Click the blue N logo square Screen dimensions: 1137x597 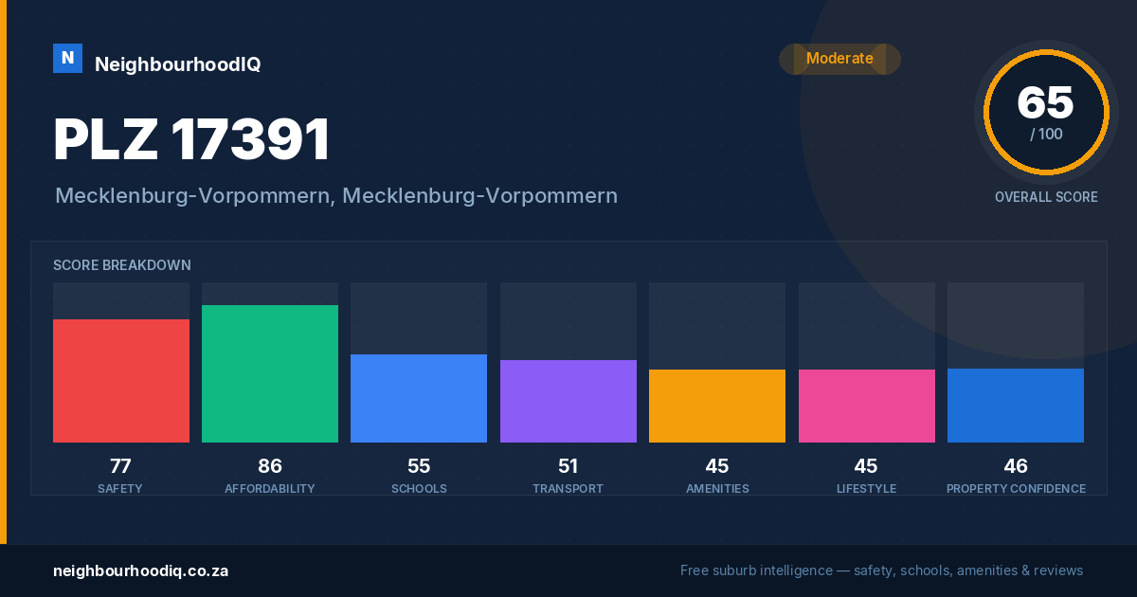tap(67, 59)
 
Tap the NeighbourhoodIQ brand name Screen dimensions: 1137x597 tap(178, 64)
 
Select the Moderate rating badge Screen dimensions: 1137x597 tap(839, 59)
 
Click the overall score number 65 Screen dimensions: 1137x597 tap(1045, 102)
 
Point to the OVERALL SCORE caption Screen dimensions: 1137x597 tap(1046, 197)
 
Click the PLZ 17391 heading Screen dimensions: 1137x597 tap(191, 139)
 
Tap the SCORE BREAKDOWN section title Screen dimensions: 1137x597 tap(122, 265)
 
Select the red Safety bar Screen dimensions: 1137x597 tap(121, 381)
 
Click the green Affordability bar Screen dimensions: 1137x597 tap(270, 373)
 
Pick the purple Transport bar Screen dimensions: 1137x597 tap(568, 401)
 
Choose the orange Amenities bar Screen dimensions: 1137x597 tap(717, 407)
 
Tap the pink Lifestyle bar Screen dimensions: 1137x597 tap(866, 407)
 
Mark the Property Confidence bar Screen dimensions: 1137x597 tap(1016, 406)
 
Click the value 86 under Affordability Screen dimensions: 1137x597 tap(269, 466)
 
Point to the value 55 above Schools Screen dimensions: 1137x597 tap(419, 466)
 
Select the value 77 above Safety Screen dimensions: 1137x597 tap(120, 466)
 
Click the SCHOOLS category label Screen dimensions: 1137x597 tap(419, 488)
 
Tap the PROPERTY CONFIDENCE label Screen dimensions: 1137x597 tap(1016, 488)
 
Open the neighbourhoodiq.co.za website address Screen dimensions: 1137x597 tap(140, 571)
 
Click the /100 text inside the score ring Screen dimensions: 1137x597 tap(1046, 134)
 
